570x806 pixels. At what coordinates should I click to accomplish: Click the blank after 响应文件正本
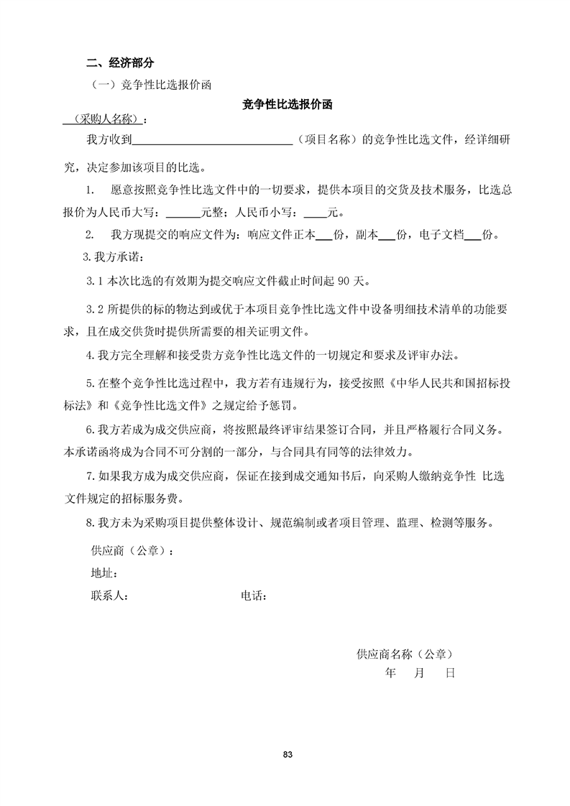(x=323, y=234)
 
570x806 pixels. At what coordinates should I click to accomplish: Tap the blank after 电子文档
(x=472, y=234)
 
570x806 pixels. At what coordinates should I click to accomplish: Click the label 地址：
(x=104, y=573)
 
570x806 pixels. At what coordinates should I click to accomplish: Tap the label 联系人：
(x=109, y=596)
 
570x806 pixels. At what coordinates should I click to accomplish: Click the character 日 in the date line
(x=450, y=673)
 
